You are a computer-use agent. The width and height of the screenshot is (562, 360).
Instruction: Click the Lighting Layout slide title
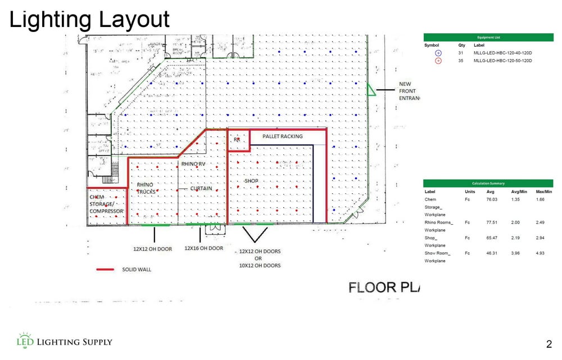coord(89,20)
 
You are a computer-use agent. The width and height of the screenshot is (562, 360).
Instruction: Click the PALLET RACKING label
coord(282,136)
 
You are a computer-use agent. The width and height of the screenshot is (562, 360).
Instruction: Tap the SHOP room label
coord(251,181)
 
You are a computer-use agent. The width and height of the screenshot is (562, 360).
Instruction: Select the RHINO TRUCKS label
coord(145,188)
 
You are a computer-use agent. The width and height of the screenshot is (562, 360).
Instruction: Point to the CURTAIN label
coord(201,189)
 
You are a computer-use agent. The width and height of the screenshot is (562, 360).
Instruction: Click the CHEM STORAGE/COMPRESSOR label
coord(106,204)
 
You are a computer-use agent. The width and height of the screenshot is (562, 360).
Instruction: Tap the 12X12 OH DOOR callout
coord(152,248)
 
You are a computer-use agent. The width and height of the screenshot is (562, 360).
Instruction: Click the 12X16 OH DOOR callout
coord(203,248)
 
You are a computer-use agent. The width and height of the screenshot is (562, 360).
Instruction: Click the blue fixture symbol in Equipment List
coord(438,53)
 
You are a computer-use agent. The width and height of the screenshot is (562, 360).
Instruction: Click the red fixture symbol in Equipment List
coord(438,60)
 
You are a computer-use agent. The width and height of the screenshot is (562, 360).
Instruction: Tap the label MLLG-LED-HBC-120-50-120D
coord(502,60)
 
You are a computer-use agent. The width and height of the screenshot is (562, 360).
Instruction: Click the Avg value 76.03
coord(491,199)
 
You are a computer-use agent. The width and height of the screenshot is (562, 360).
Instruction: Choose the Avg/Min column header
coord(516,192)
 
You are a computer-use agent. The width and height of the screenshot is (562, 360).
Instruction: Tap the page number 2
coord(549,344)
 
